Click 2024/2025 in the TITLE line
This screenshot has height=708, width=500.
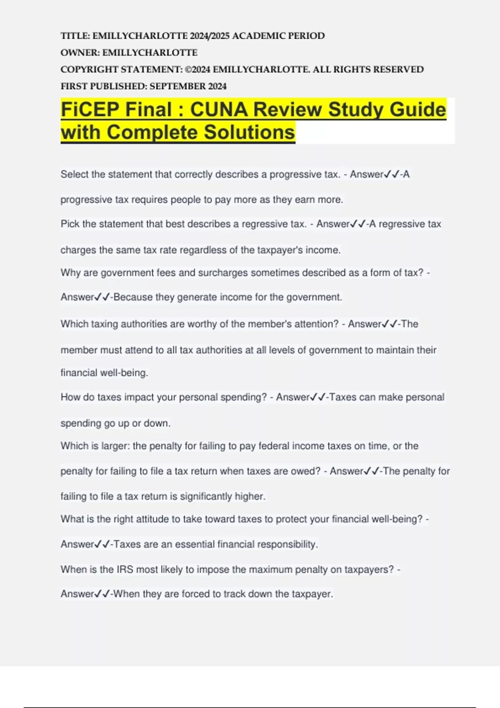click(210, 36)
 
